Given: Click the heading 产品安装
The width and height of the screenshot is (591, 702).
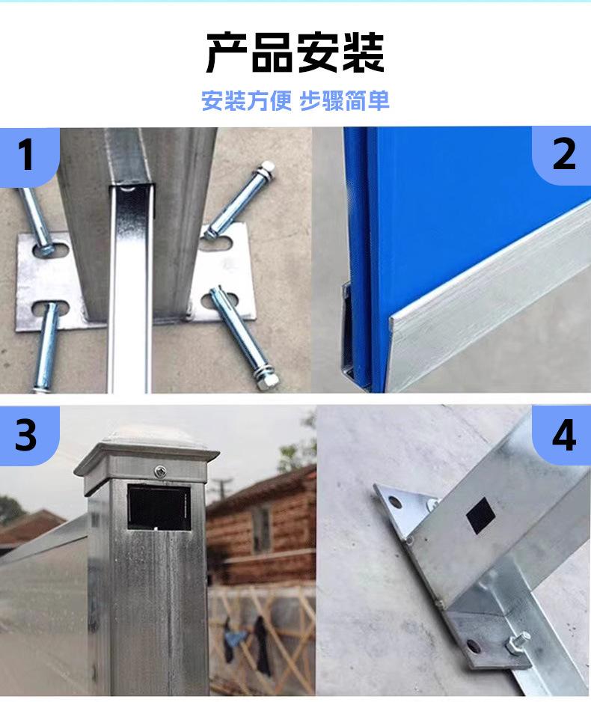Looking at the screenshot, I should (x=295, y=53).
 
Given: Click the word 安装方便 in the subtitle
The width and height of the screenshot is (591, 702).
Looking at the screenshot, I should (x=246, y=100).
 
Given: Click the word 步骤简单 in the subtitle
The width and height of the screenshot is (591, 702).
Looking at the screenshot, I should (x=345, y=100).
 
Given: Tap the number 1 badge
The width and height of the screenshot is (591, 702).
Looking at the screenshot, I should (x=27, y=155).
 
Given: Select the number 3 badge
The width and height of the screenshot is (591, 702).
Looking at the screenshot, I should (x=27, y=435).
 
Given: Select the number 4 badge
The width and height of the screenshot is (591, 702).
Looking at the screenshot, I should (x=563, y=435).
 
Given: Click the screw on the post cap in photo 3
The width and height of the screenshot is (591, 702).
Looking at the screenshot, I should (x=159, y=471).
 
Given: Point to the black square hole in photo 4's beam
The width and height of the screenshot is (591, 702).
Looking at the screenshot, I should (x=480, y=516).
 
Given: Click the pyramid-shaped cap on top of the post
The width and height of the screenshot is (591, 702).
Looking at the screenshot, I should (x=147, y=445).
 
